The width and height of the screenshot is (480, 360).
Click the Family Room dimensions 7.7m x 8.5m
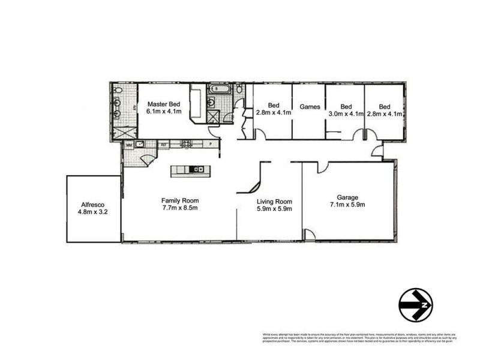179,208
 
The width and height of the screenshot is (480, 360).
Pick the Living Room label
274,202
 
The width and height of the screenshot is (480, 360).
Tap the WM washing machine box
128,145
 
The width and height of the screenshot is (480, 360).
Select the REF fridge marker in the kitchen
163,145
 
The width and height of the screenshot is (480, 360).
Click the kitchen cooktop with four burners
187,144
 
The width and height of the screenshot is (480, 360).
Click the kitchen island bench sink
194,170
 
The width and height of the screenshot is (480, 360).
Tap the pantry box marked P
211,144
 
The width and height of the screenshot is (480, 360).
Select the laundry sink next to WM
140,144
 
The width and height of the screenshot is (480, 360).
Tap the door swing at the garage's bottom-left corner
310,235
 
